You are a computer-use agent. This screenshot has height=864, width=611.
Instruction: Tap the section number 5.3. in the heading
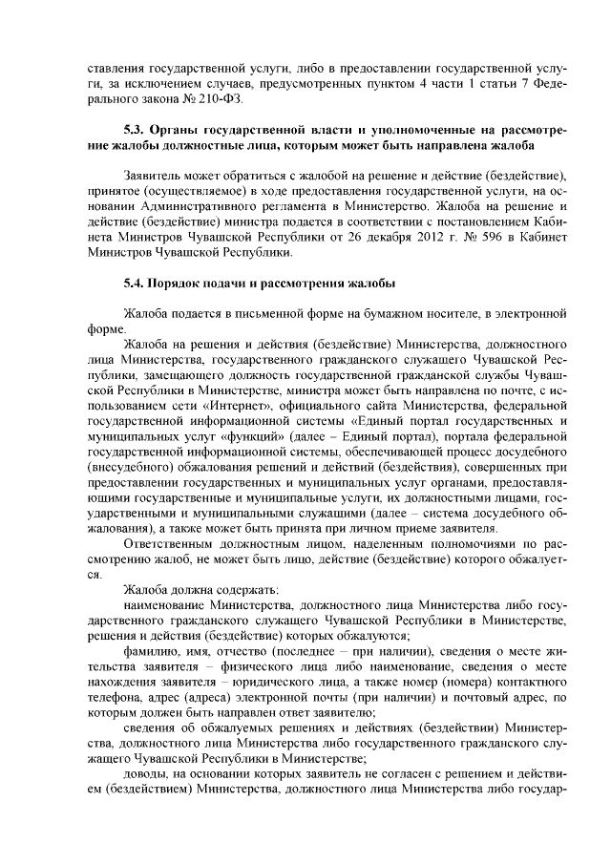pyautogui.click(x=137, y=129)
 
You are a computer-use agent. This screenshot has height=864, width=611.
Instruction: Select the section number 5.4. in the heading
pyautogui.click(x=137, y=284)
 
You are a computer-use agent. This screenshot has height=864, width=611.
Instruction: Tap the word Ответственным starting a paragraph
pyautogui.click(x=170, y=544)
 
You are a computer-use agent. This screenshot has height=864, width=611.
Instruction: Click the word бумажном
pyautogui.click(x=398, y=313)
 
